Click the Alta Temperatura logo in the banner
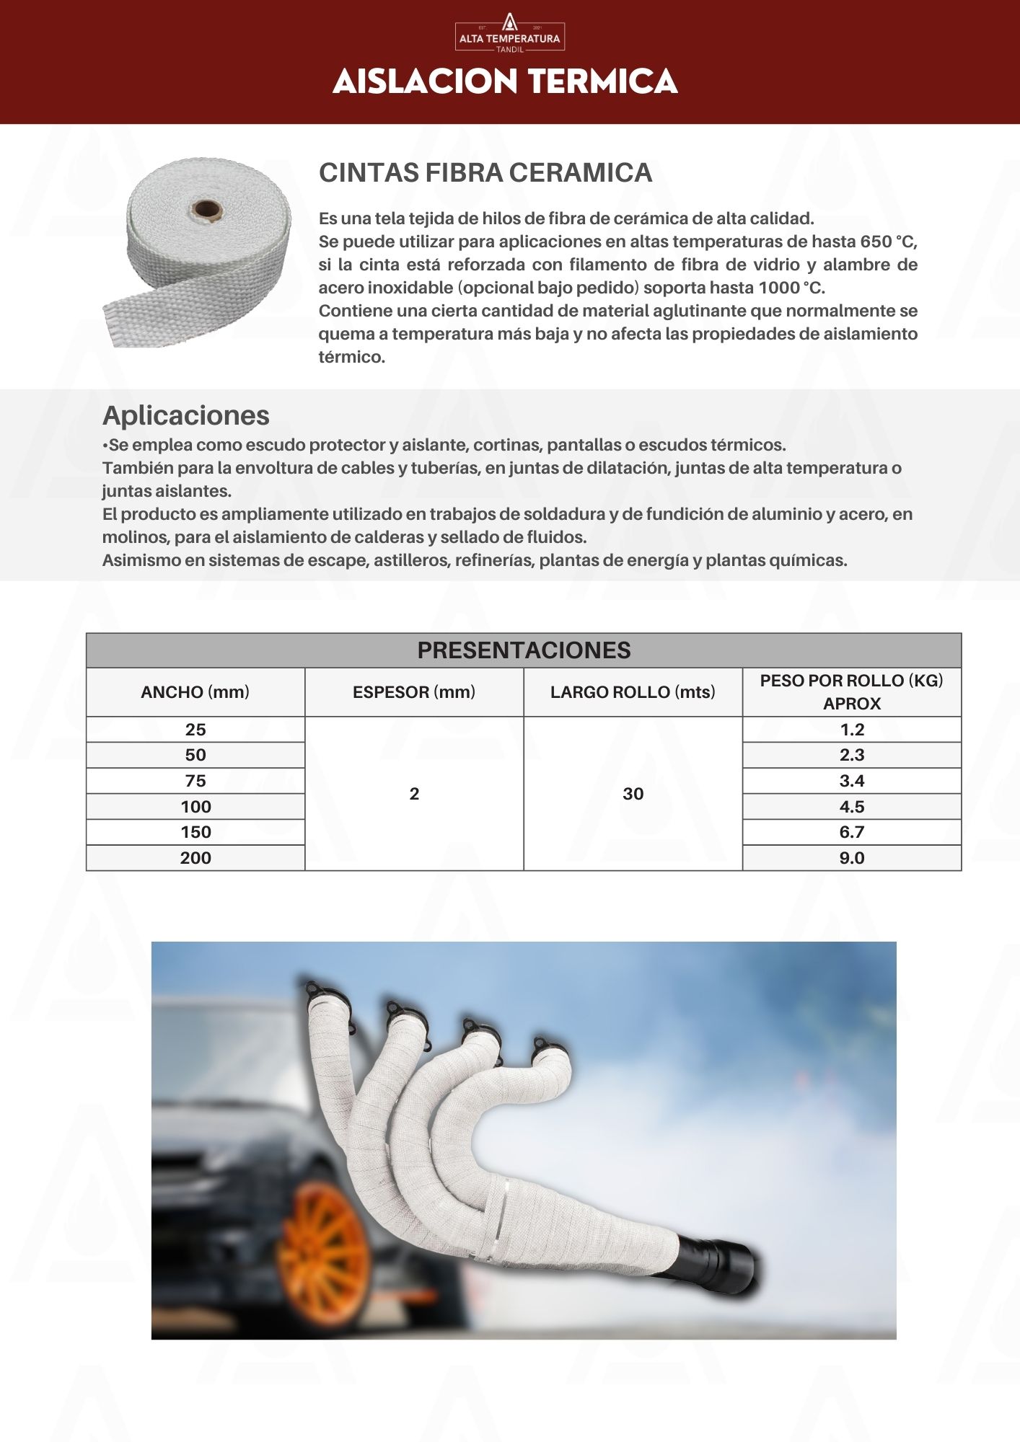(x=509, y=33)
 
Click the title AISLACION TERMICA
(x=505, y=81)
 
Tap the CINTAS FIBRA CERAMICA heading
(x=485, y=173)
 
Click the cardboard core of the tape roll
(x=207, y=211)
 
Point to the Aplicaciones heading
(x=186, y=415)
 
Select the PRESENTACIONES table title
(x=524, y=650)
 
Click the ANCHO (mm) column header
(x=195, y=692)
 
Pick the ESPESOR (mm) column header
(x=414, y=692)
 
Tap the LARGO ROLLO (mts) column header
(x=633, y=692)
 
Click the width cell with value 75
(x=195, y=781)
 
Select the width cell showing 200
(x=195, y=858)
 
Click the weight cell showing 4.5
(x=852, y=807)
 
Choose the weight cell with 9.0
(x=852, y=858)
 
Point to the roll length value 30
(x=633, y=794)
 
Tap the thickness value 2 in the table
(x=414, y=794)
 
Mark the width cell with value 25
(x=195, y=730)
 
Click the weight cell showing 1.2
(x=852, y=730)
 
